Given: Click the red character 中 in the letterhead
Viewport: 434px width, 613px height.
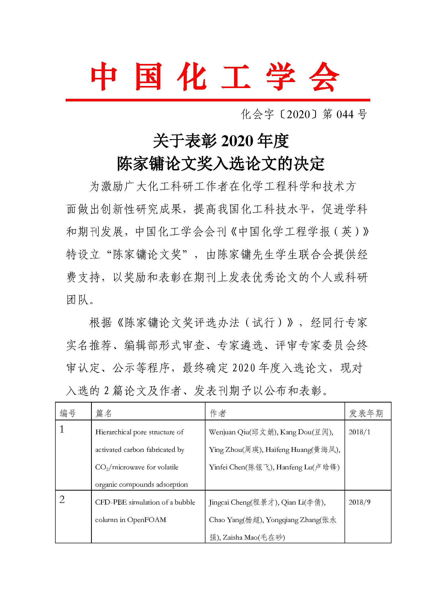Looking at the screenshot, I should (104, 77).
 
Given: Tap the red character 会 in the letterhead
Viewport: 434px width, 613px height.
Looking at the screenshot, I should (324, 77).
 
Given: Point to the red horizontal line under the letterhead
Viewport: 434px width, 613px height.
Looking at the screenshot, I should (218, 100).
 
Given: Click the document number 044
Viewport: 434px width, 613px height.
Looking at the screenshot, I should (345, 115).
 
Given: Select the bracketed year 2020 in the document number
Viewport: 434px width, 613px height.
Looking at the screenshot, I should (298, 115).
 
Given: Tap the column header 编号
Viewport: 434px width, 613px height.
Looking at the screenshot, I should (68, 414).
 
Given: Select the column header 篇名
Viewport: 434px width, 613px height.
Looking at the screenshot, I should (103, 414).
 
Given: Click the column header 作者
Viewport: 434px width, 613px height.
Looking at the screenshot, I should (218, 414).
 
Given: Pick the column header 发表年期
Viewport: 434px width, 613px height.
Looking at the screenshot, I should (366, 414).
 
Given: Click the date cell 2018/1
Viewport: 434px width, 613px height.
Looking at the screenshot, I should (359, 432).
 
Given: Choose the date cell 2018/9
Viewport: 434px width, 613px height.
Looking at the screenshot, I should (359, 502).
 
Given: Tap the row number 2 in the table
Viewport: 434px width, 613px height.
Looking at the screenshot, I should (62, 500).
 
